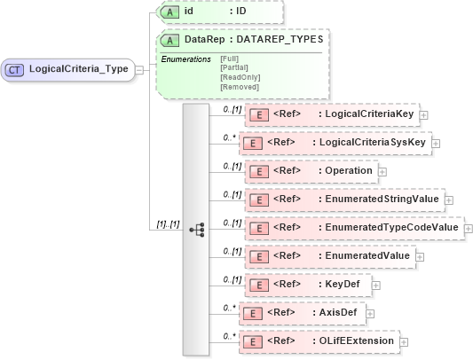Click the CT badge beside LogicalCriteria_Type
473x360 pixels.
15,68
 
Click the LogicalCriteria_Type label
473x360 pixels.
78,68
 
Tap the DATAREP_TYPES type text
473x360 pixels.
279,40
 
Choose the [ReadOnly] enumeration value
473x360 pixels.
239,77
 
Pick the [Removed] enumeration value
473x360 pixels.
239,87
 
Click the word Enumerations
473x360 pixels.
185,59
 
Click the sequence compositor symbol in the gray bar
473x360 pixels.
197,229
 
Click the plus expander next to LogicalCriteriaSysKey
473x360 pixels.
435,143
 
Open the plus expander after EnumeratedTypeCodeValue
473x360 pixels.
468,228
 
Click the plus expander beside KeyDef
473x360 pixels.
376,286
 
